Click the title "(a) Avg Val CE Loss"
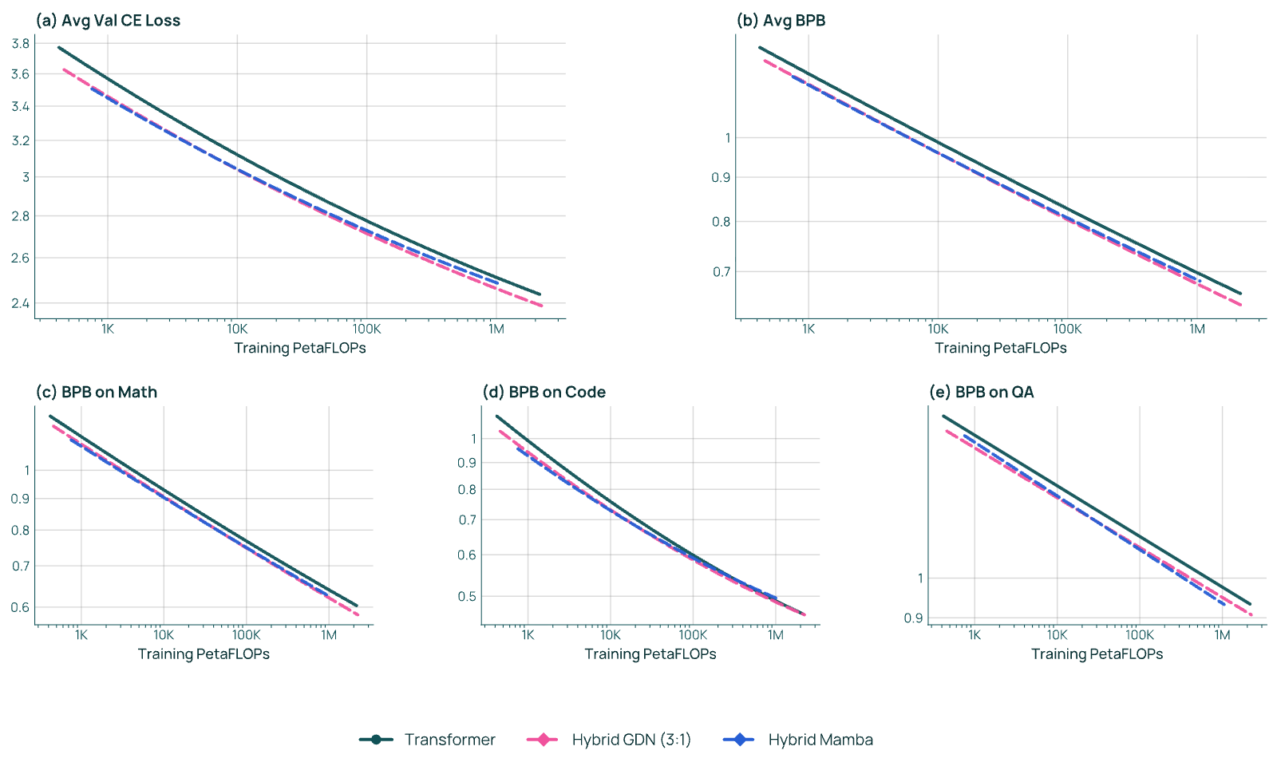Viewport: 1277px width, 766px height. coord(108,21)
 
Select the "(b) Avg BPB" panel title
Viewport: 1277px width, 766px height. coord(781,21)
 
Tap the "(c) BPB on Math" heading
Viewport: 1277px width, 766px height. coord(97,392)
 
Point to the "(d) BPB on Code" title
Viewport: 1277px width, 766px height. coord(544,392)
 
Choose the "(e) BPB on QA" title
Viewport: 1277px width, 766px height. coord(981,392)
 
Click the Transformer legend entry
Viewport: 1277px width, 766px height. coord(428,740)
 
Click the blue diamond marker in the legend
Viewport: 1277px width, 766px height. coord(739,740)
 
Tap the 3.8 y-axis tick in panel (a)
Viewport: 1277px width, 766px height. coord(21,43)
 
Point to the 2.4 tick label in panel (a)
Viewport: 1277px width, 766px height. coord(21,303)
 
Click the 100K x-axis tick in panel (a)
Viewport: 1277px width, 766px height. coord(366,329)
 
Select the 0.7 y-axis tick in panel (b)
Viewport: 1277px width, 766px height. coord(722,272)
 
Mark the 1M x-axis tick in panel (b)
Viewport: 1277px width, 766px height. coord(1197,329)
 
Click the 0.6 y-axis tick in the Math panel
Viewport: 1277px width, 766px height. coord(21,607)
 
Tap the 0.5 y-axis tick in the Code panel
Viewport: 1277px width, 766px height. coord(467,597)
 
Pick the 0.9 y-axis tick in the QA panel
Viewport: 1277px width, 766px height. coord(913,618)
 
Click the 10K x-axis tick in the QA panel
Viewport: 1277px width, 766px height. coord(1057,634)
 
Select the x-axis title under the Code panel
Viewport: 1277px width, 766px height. coord(650,653)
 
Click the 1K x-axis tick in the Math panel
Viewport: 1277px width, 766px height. coord(81,634)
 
